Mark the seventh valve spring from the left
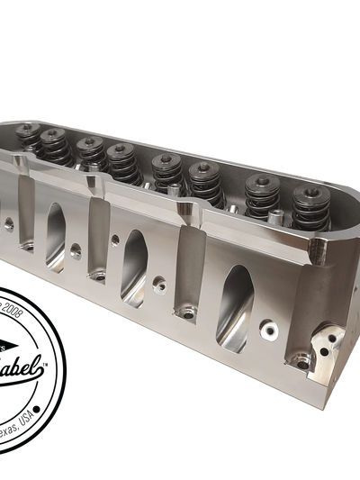[x=261, y=195]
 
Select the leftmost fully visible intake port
[x=55, y=231]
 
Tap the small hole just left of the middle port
[x=116, y=240]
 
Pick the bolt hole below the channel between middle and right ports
[x=186, y=314]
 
